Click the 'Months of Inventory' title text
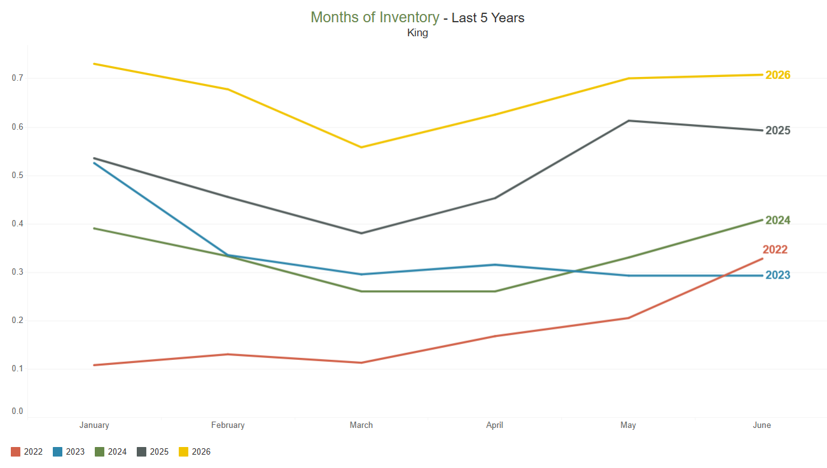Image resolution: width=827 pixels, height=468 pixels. pyautogui.click(x=375, y=17)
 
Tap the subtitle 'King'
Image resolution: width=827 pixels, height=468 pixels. pyautogui.click(x=417, y=33)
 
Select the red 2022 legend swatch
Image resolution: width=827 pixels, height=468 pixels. pyautogui.click(x=15, y=451)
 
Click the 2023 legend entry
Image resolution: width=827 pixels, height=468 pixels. pyautogui.click(x=69, y=451)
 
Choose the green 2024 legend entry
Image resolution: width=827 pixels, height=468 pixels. pyautogui.click(x=111, y=451)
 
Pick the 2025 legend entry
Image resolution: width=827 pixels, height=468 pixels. pyautogui.click(x=153, y=451)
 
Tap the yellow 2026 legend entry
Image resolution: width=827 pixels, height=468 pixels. pyautogui.click(x=195, y=451)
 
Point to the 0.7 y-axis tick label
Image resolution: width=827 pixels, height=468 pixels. pyautogui.click(x=17, y=78)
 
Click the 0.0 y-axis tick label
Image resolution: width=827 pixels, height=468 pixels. pyautogui.click(x=17, y=411)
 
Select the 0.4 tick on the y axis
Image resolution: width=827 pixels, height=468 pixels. pyautogui.click(x=17, y=224)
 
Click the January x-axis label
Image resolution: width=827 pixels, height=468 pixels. pyautogui.click(x=94, y=425)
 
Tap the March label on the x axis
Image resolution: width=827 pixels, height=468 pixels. pyautogui.click(x=361, y=425)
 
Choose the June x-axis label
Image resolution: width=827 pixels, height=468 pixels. pyautogui.click(x=761, y=425)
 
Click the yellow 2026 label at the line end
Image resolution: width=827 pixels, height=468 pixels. pyautogui.click(x=777, y=75)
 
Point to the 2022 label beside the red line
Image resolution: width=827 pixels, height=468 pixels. pyautogui.click(x=775, y=249)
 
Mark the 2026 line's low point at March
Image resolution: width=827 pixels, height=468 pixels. pyautogui.click(x=361, y=148)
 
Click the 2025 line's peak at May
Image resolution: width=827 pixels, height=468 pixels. pyautogui.click(x=629, y=121)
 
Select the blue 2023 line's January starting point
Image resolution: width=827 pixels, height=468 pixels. pyautogui.click(x=94, y=163)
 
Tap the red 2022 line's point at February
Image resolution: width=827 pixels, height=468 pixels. pyautogui.click(x=228, y=354)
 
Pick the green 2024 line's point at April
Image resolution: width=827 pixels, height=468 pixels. pyautogui.click(x=495, y=291)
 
